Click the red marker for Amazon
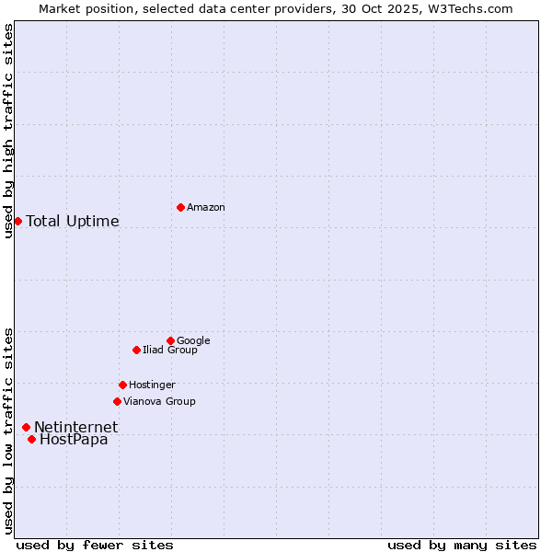point(180,207)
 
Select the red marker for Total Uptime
point(17,221)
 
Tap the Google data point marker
point(170,340)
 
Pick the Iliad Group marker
point(136,350)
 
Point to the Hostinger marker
point(122,385)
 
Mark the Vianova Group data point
point(117,401)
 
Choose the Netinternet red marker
point(26,427)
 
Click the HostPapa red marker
point(31,439)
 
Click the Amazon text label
point(206,208)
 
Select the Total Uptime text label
point(73,222)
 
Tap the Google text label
point(193,341)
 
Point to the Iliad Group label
point(170,351)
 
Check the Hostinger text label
point(152,385)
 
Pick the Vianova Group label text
point(159,402)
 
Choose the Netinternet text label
point(76,428)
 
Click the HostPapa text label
point(74,440)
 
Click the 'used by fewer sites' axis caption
point(95,545)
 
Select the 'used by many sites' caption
point(462,545)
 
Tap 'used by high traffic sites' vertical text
point(8,131)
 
